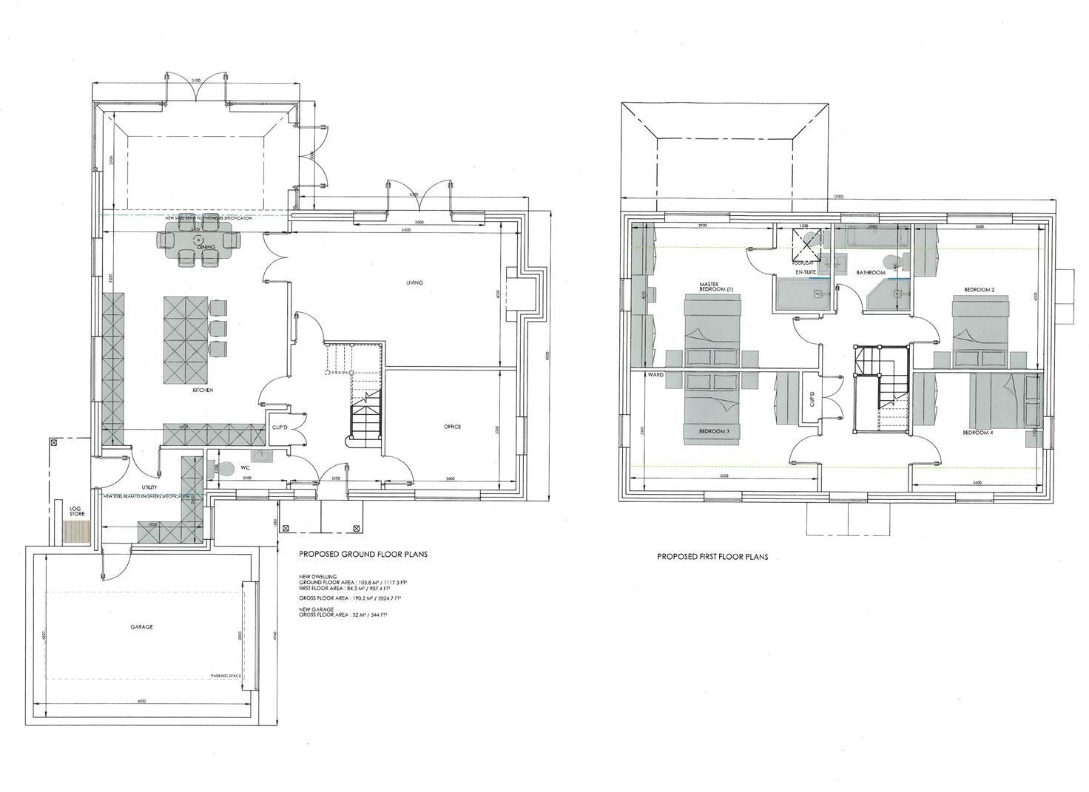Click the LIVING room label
pyautogui.click(x=414, y=282)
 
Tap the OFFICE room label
pyautogui.click(x=452, y=427)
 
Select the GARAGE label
pyautogui.click(x=141, y=626)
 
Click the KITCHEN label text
pyautogui.click(x=203, y=390)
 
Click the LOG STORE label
pyautogui.click(x=75, y=511)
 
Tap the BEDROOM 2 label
pyautogui.click(x=979, y=289)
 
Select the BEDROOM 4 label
pyautogui.click(x=977, y=433)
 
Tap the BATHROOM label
pyautogui.click(x=871, y=273)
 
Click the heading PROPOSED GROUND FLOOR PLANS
pyautogui.click(x=363, y=554)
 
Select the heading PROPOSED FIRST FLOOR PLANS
pyautogui.click(x=712, y=557)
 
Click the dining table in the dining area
pyautogui.click(x=199, y=240)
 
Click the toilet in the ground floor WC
pyautogui.click(x=225, y=467)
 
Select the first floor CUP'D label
pyautogui.click(x=812, y=399)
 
